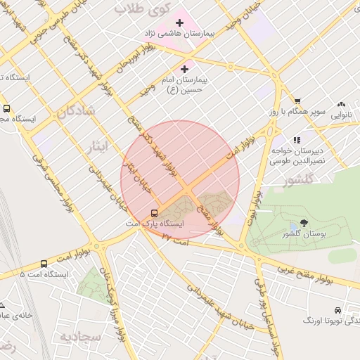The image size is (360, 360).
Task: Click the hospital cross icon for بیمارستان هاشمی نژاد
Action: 179,22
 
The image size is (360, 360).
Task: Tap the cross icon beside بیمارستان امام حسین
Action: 184,69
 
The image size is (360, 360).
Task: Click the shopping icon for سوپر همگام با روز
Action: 297,101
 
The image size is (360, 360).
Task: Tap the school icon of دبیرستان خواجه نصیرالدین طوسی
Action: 296,140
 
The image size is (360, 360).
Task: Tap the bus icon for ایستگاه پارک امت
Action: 154,213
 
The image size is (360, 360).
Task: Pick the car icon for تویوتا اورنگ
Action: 338,309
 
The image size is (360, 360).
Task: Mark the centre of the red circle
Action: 180,180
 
